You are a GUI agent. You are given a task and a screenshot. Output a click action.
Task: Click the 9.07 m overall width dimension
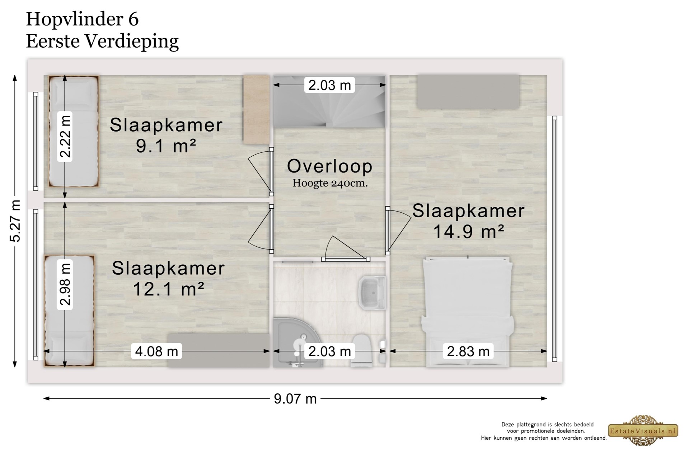click(295, 399)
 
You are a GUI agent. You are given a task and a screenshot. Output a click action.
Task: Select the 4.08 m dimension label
click(156, 351)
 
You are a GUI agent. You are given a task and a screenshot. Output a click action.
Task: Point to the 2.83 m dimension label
click(468, 351)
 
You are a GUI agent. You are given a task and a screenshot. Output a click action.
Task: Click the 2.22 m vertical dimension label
click(65, 137)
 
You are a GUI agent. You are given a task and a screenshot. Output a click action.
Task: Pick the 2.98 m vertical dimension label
click(65, 284)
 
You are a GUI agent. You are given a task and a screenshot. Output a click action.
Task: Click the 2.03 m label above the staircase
click(329, 85)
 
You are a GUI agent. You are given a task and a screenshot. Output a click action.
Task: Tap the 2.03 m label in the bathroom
click(329, 351)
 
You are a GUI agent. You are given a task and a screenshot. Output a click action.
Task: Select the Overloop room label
click(330, 166)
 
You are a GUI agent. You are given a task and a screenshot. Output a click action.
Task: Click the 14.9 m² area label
click(469, 231)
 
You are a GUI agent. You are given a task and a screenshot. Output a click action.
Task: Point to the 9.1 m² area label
click(166, 146)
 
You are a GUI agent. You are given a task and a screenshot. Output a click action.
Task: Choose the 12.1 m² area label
click(169, 289)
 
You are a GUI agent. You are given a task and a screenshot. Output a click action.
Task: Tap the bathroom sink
click(372, 293)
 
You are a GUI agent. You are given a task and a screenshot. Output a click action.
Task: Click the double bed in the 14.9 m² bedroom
click(468, 311)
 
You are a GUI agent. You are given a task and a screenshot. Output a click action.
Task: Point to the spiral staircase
click(329, 101)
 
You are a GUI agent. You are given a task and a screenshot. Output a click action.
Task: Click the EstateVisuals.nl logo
click(643, 431)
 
